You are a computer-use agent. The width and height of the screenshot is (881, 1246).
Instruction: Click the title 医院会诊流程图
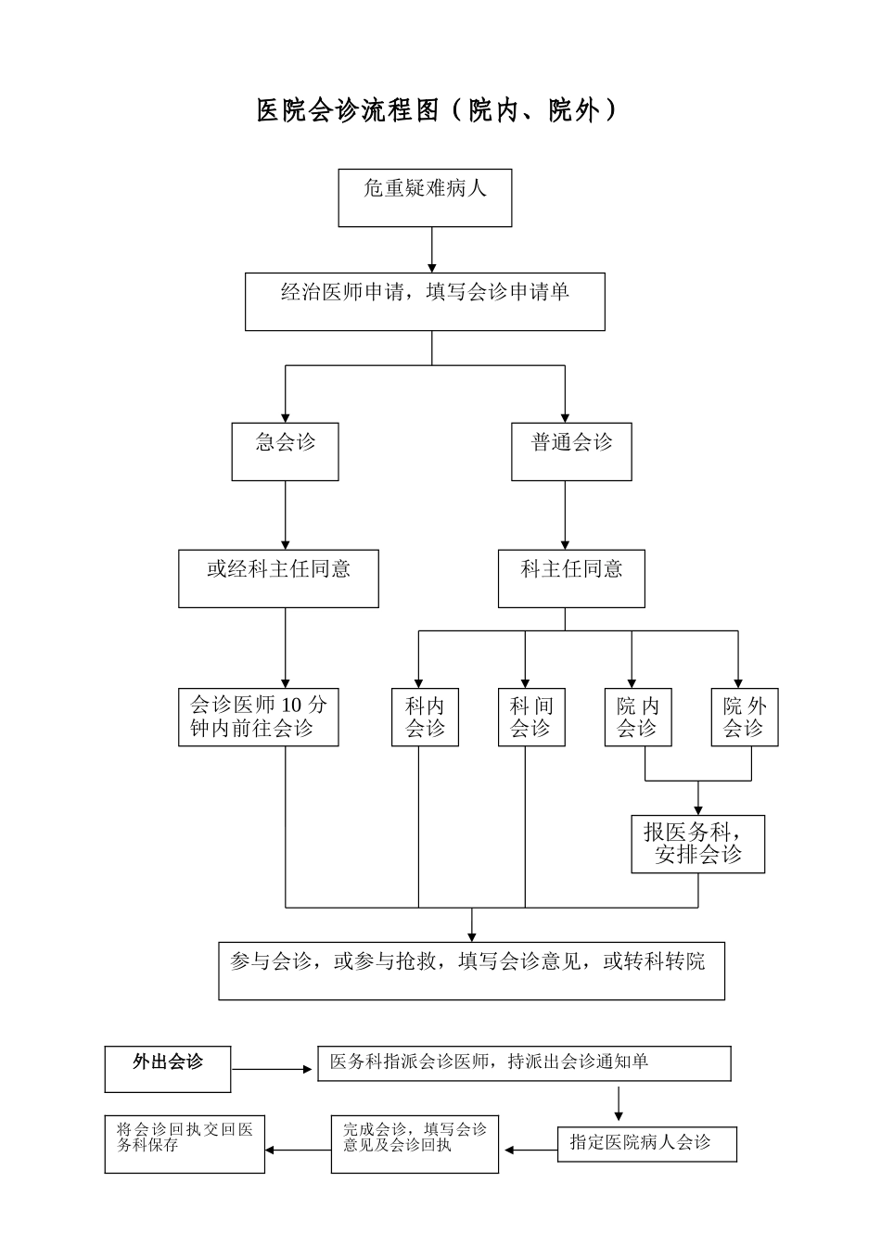tap(437, 111)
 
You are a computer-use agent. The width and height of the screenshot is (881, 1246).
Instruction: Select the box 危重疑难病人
tap(425, 197)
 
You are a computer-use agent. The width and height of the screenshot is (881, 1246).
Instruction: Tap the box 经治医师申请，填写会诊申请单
tap(425, 301)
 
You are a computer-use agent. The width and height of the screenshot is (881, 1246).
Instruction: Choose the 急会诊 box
tap(285, 451)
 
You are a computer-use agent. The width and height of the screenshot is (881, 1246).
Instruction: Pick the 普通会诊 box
tap(571, 451)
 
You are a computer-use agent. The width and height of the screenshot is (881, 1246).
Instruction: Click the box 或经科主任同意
tap(278, 578)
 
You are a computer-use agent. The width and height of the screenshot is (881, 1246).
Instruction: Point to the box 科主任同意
tap(571, 578)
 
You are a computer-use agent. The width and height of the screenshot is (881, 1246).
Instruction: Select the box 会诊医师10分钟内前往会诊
tap(258, 717)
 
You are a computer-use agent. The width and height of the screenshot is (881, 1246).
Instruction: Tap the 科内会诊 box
tap(425, 717)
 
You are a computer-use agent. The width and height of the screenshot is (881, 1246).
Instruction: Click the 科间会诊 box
tap(531, 717)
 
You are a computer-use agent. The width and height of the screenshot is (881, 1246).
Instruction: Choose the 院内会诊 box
tap(638, 717)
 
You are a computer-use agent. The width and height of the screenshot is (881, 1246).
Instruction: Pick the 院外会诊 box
tap(745, 717)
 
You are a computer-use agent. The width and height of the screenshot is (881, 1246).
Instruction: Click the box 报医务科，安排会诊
tap(698, 844)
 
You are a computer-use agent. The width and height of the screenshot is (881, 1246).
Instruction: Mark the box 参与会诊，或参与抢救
tap(471, 971)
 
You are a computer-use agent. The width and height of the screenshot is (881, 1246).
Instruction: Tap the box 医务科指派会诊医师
tap(524, 1063)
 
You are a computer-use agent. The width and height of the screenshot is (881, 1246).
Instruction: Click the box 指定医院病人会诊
tap(646, 1144)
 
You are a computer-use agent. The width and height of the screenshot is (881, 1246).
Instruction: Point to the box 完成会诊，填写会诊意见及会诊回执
tap(415, 1144)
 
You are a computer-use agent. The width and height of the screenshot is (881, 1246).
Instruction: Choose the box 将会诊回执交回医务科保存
tap(185, 1144)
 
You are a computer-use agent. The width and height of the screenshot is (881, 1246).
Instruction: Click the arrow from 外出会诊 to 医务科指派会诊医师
tap(273, 1069)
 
